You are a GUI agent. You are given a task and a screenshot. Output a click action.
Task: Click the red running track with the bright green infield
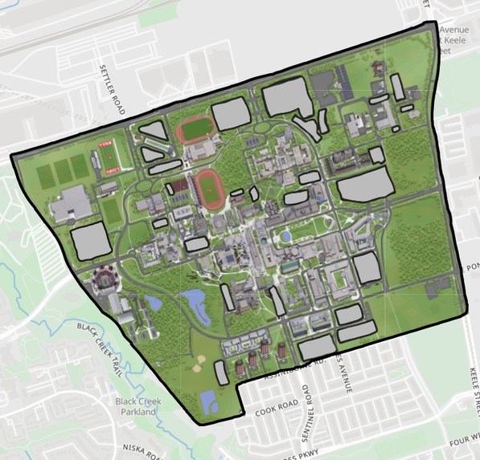tap(195, 129)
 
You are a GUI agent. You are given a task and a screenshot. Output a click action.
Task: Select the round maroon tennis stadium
tap(105, 280)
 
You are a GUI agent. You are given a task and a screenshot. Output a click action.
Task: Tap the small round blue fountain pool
tap(285, 237)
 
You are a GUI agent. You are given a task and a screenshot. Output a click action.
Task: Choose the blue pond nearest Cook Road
tap(209, 401)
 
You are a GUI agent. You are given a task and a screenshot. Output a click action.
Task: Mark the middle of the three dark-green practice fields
tap(63, 169)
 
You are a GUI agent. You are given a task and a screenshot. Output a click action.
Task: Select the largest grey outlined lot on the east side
tap(365, 186)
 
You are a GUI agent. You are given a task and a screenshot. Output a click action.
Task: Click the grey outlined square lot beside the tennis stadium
tap(90, 242)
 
